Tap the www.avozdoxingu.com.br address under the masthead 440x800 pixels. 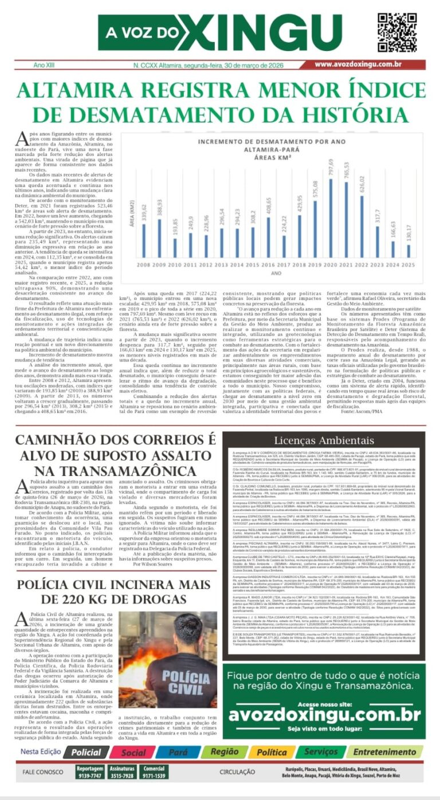click(x=357, y=65)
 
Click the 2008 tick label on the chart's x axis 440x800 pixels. click(x=143, y=265)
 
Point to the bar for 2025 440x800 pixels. click(x=408, y=251)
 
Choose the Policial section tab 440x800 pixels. click(x=86, y=752)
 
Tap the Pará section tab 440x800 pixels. click(x=178, y=752)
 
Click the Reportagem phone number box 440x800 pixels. click(x=90, y=772)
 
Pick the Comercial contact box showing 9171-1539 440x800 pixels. click(x=154, y=772)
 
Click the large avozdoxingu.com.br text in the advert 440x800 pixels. click(x=325, y=715)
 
